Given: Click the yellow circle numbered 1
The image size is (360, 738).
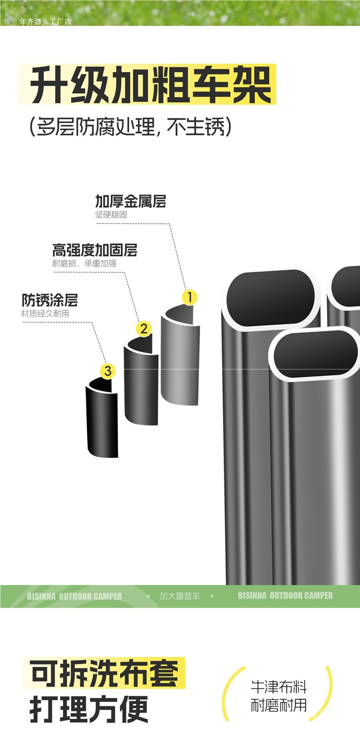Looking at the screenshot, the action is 190,297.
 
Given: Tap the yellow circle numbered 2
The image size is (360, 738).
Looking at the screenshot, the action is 144,328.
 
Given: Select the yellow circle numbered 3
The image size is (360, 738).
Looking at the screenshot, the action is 108,371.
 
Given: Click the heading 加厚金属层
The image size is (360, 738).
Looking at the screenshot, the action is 130,201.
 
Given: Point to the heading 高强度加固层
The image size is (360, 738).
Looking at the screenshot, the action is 94,250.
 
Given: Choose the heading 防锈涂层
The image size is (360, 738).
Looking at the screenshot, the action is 50,300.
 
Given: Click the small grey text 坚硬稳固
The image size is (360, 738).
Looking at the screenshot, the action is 111,215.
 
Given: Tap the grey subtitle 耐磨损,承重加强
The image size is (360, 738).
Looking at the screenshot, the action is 84,263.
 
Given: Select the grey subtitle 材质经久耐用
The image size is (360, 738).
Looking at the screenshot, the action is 45,313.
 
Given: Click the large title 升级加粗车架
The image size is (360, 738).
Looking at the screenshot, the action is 150,85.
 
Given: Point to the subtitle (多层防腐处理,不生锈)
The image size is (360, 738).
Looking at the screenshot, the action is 130,127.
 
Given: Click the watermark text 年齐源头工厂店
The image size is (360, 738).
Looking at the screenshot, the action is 45,21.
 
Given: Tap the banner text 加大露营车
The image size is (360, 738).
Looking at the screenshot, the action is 180,596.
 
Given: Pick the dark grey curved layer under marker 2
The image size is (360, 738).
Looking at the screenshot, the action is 141,385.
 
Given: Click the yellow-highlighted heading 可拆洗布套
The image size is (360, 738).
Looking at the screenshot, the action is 104,673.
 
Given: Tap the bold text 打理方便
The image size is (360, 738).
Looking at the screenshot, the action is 89,709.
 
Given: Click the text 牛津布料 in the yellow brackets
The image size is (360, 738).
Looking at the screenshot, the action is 278,687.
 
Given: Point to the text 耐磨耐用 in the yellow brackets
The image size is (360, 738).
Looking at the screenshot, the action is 278,705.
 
